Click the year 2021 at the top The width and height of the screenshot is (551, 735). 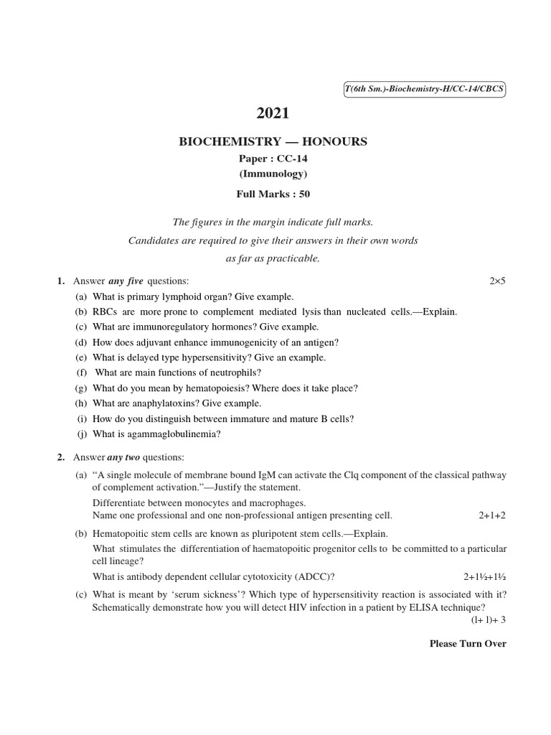(x=273, y=113)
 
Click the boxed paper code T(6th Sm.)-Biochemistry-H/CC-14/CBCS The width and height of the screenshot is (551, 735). (x=425, y=89)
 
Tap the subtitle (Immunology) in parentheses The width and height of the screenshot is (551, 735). (x=273, y=174)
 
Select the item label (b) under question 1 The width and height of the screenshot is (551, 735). (x=81, y=312)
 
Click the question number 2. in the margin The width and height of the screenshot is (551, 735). (x=62, y=457)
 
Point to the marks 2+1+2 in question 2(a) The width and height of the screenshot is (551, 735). (x=492, y=515)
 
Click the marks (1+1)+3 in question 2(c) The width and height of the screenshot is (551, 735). (x=489, y=619)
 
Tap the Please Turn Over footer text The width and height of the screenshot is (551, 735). (x=468, y=644)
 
